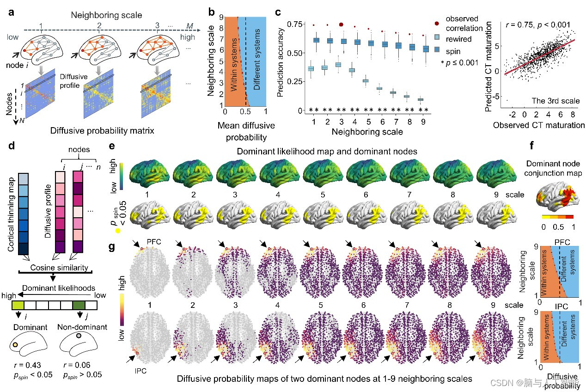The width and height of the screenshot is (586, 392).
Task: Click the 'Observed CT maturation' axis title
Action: click(539, 125)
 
